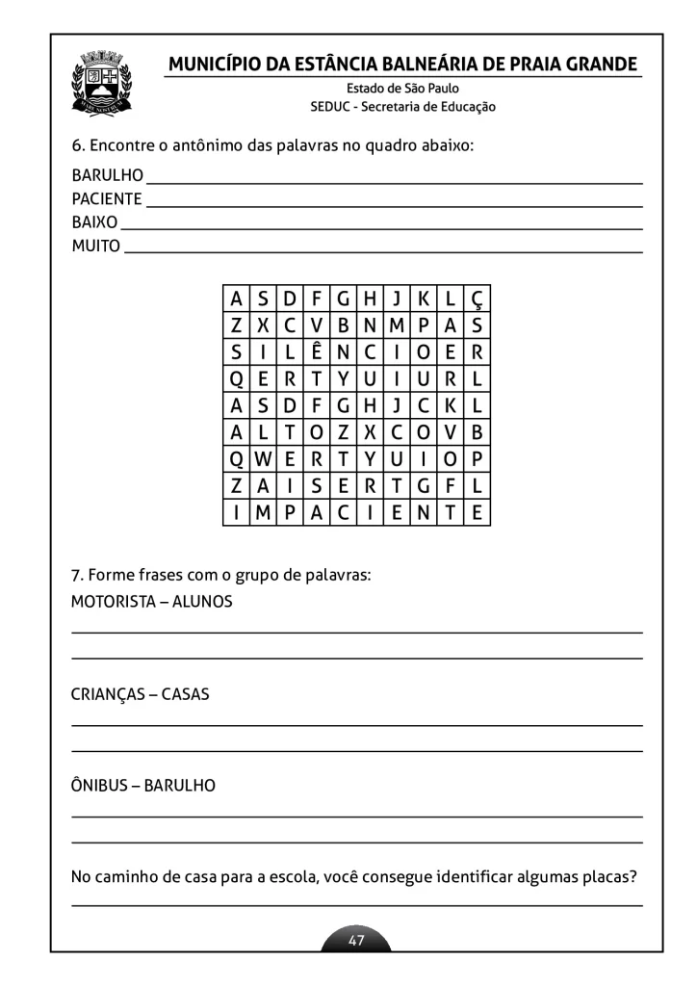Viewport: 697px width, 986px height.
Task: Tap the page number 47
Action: [x=356, y=941]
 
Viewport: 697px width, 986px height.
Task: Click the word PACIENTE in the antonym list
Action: [x=107, y=199]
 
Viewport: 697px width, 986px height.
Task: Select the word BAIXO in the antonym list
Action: [x=94, y=222]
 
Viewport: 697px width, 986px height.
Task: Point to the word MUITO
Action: [x=96, y=246]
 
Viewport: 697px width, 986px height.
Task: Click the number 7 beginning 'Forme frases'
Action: [x=75, y=576]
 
